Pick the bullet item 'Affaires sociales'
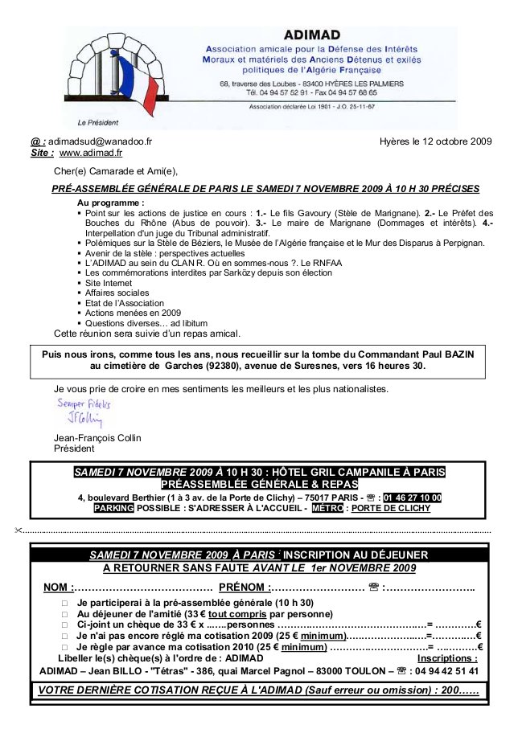pos(117,293)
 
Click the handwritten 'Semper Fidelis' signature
pos(84,403)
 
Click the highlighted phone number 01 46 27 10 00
pos(413,498)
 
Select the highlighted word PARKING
pos(113,508)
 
